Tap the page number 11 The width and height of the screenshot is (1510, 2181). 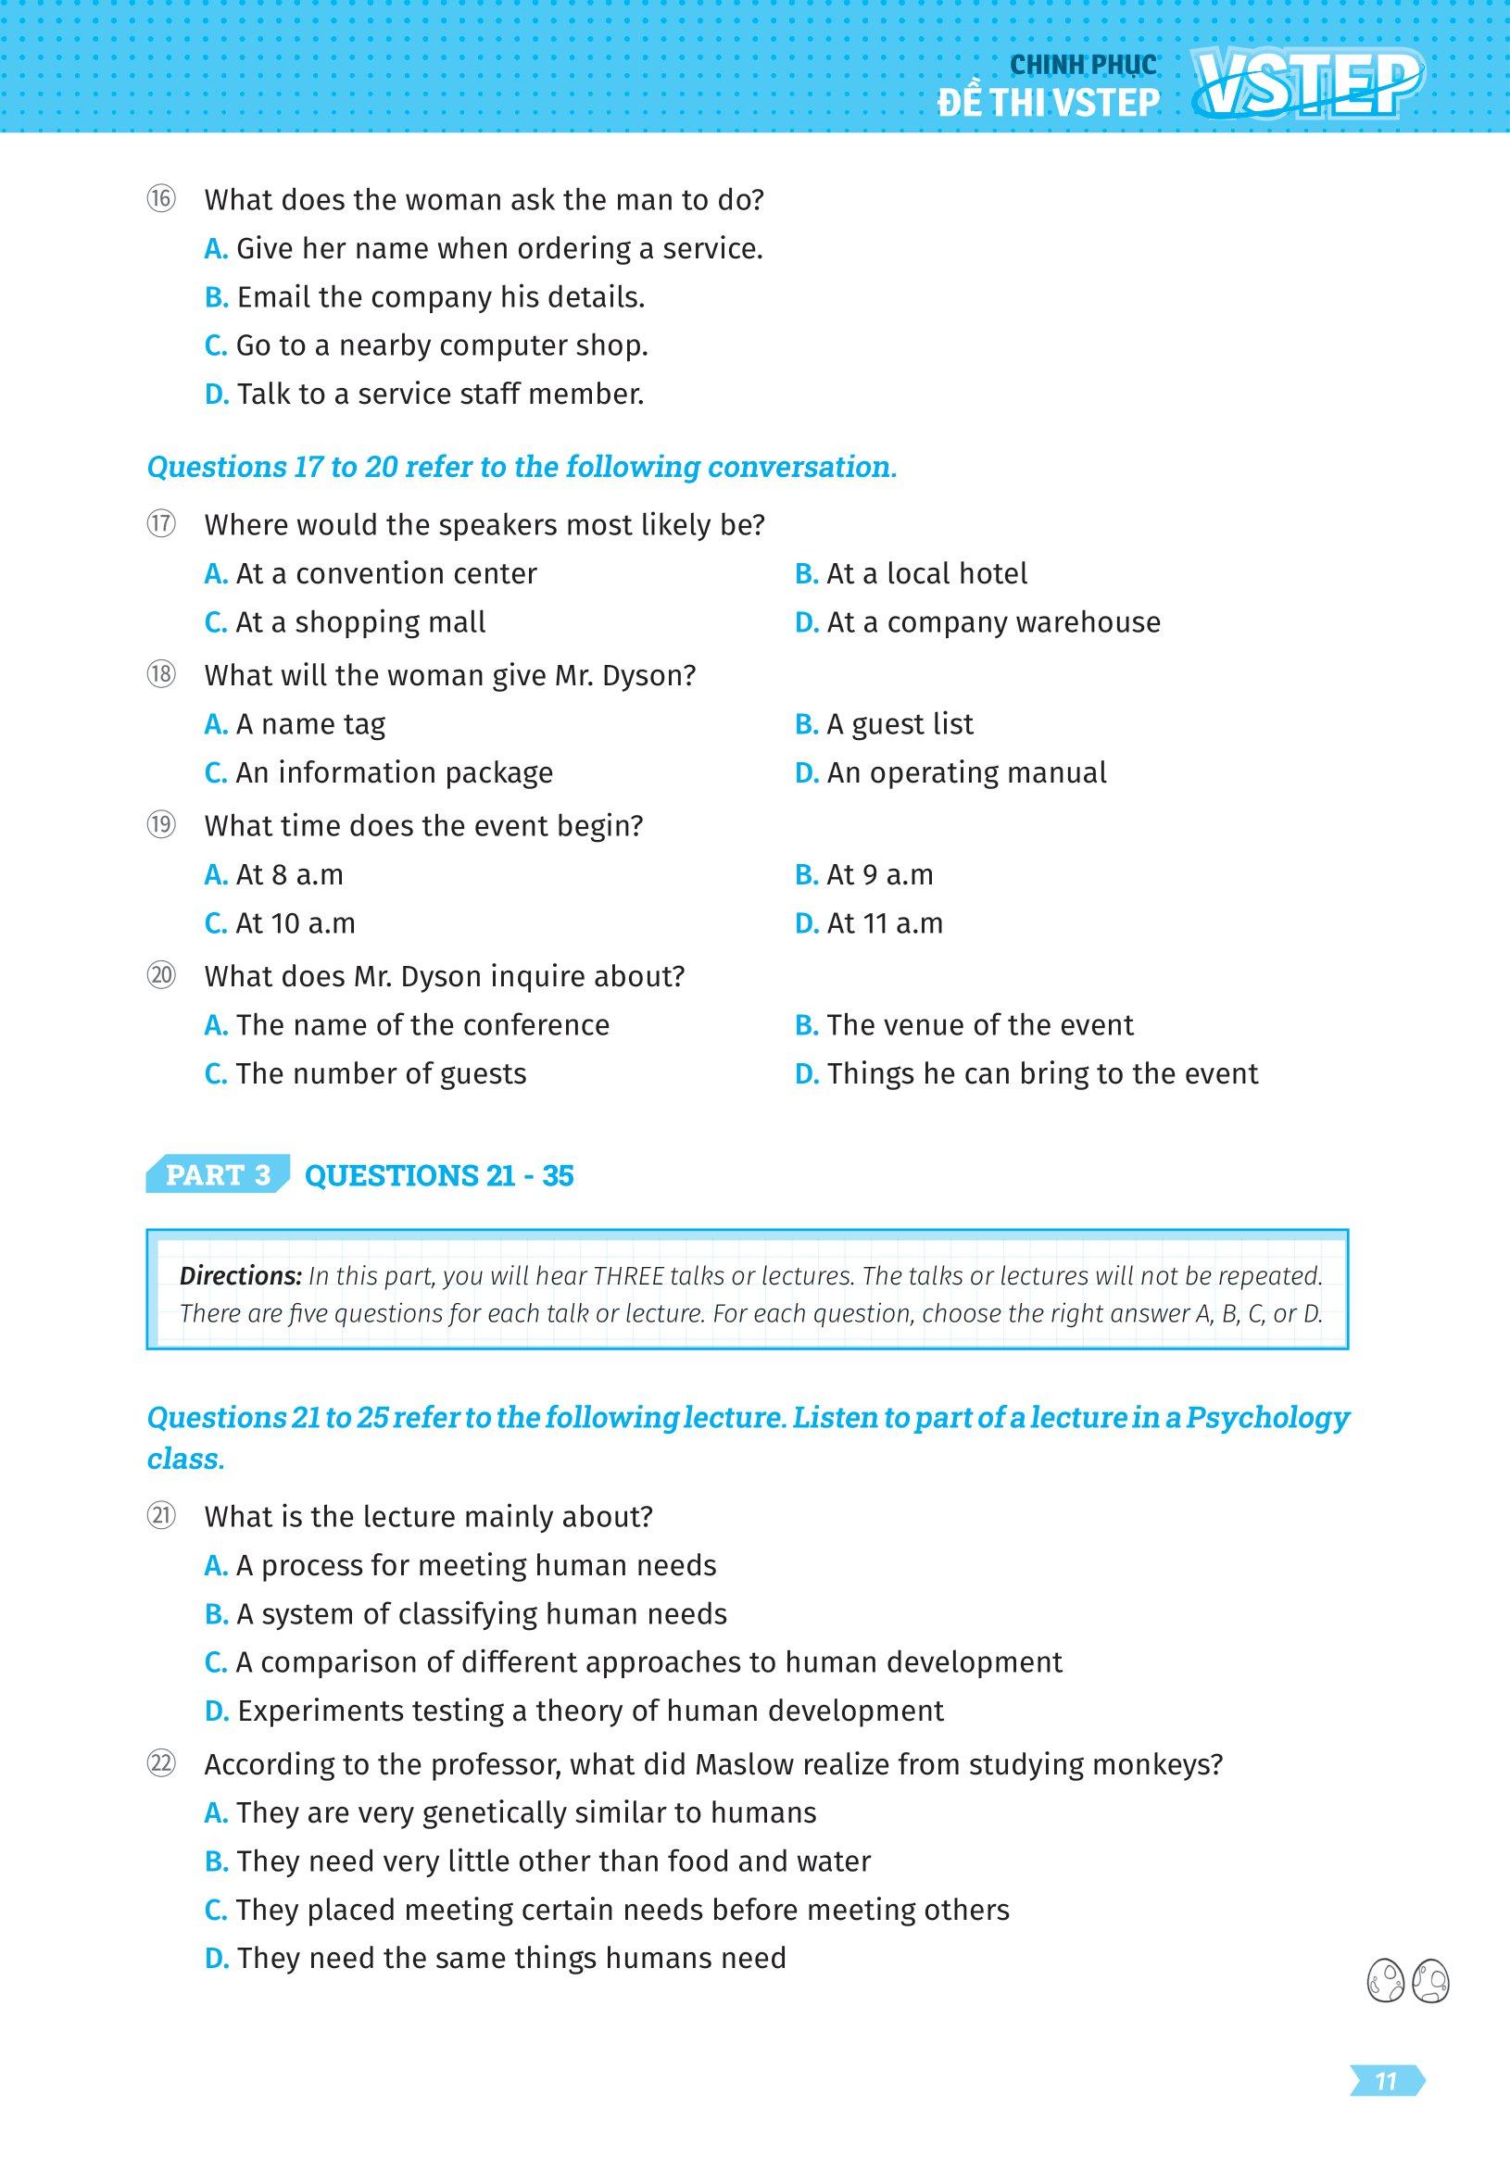click(1386, 2081)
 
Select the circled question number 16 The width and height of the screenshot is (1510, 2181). click(161, 199)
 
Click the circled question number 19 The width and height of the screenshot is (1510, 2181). click(161, 825)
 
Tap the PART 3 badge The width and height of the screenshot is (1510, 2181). click(218, 1174)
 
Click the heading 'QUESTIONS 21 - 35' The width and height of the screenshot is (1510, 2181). click(439, 1174)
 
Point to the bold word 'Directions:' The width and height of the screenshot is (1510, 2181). click(240, 1275)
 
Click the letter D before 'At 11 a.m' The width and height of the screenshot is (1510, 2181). click(806, 923)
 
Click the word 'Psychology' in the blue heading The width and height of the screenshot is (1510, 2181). click(1268, 1417)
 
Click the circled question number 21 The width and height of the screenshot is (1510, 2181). click(161, 1516)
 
